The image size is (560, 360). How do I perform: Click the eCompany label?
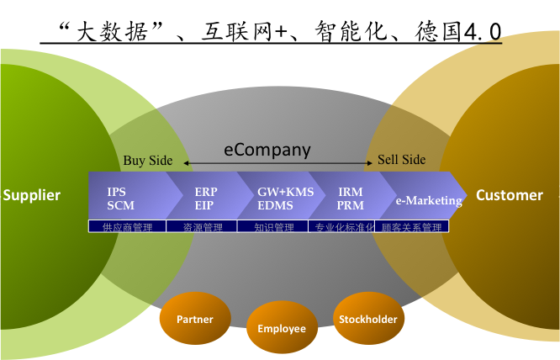tap(267, 150)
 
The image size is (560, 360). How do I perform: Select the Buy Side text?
tap(147, 160)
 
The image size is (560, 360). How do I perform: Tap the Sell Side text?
tap(401, 160)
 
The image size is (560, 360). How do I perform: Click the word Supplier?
tap(32, 195)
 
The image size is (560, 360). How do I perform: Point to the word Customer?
tap(510, 195)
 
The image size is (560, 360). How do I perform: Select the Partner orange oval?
tap(194, 320)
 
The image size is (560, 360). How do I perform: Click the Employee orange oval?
tap(282, 328)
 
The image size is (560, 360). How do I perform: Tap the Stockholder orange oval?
tap(367, 319)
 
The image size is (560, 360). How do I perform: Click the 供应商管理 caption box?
tap(126, 226)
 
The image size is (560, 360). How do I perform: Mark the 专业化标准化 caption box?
tap(344, 226)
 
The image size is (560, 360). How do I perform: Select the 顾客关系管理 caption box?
tap(411, 226)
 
